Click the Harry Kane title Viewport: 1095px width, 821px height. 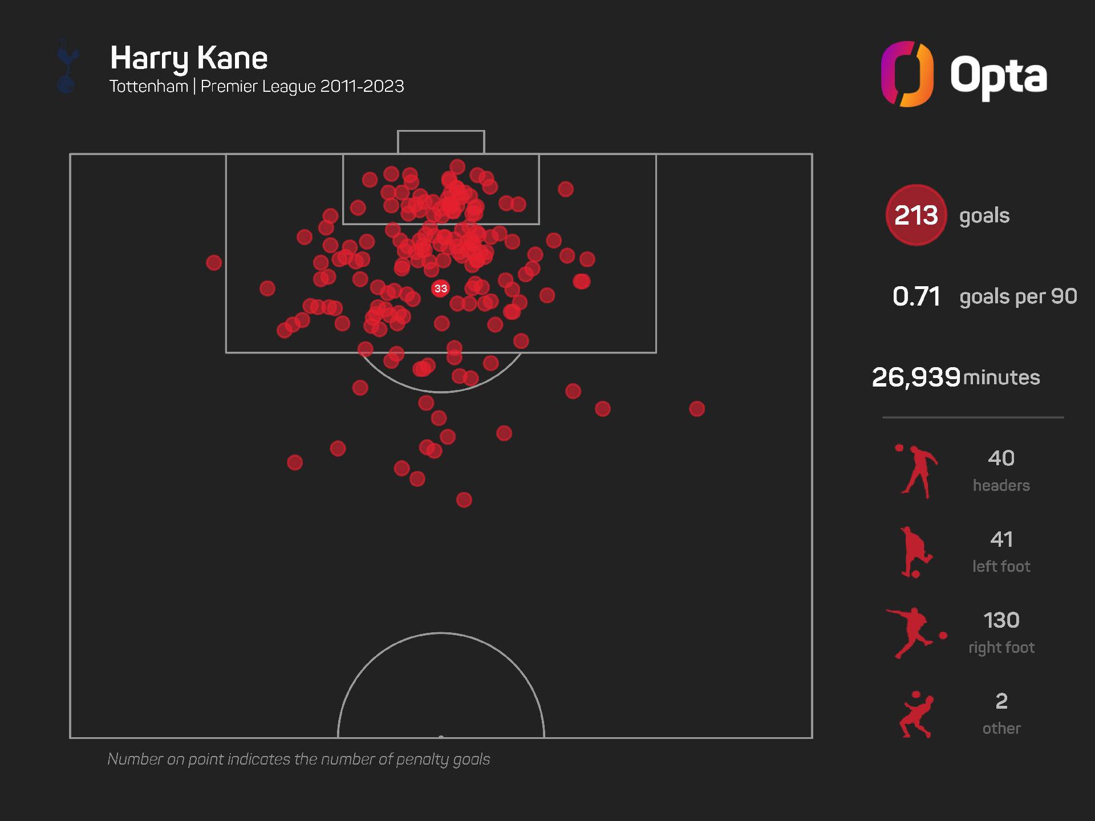[189, 58]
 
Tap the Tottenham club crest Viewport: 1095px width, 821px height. [67, 66]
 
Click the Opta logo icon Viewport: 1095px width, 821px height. [907, 74]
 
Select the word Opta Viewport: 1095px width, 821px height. [998, 76]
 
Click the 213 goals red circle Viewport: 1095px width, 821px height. [916, 215]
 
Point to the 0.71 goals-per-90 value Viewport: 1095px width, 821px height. [916, 296]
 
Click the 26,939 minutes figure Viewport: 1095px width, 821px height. [916, 377]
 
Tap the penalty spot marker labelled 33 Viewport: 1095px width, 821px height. [440, 288]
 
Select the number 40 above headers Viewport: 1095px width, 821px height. [1001, 458]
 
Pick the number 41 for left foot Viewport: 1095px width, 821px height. [1001, 539]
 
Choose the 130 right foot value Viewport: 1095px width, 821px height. [1001, 620]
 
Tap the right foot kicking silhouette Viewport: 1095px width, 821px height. [915, 633]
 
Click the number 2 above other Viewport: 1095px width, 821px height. [1001, 701]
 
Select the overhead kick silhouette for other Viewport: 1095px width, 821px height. [916, 715]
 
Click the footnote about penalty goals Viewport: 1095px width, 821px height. [299, 759]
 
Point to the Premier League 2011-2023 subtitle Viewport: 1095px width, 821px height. [302, 87]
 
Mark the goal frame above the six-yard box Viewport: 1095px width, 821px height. [441, 142]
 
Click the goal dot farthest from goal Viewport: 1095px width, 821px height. [464, 500]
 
